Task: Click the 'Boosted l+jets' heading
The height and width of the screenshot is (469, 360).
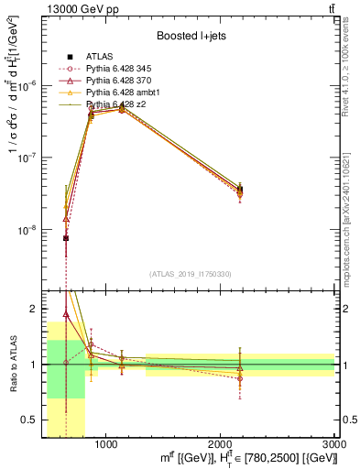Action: click(x=191, y=36)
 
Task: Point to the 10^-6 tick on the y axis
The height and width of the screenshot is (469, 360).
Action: click(x=29, y=85)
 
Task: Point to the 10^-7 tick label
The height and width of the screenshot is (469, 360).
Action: click(x=29, y=158)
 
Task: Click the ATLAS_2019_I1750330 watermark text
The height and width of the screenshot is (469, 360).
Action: click(x=191, y=274)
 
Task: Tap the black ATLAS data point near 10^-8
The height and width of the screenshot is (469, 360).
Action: click(x=66, y=238)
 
